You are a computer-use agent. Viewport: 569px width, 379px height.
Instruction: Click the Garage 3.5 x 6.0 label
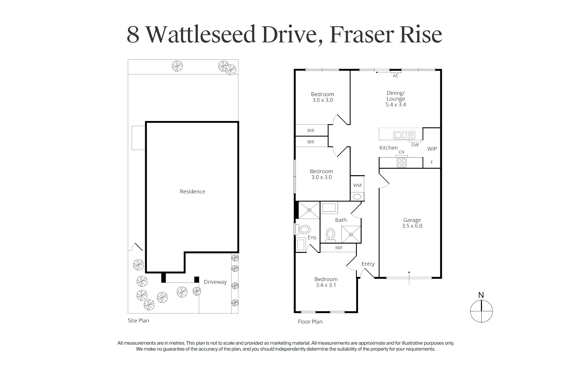[x=412, y=223]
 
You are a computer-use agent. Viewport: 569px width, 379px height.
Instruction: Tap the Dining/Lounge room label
[x=395, y=99]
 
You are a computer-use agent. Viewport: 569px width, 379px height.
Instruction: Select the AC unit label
[x=395, y=76]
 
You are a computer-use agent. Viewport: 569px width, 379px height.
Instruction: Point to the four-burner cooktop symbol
[x=401, y=162]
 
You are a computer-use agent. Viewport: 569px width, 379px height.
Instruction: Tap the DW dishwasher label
[x=415, y=145]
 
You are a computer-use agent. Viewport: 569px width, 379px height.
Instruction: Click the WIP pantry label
[x=432, y=149]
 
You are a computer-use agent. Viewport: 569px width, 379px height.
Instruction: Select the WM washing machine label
[x=357, y=185]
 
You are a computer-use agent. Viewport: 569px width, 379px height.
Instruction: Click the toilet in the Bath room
[x=330, y=234]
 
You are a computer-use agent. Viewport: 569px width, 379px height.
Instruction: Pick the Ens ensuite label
[x=312, y=238]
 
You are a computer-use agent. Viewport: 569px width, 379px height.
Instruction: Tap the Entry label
[x=368, y=264]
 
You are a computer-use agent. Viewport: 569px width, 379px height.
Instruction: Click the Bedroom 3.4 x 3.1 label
[x=326, y=282]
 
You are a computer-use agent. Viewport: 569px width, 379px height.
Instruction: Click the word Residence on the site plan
[x=192, y=191]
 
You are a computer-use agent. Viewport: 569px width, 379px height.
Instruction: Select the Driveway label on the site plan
[x=215, y=282]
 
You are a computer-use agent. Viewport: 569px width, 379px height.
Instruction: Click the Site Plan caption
[x=138, y=320]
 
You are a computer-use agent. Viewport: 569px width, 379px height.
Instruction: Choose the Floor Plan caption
[x=310, y=321]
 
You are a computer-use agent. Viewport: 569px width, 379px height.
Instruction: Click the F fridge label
[x=432, y=162]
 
